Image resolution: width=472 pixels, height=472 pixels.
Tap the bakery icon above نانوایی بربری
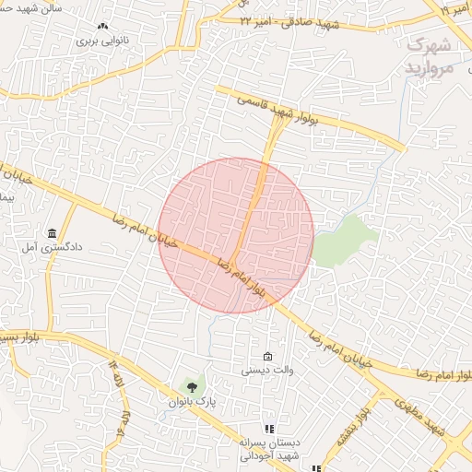(x=103, y=28)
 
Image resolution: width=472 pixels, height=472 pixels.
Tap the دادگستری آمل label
(x=53, y=247)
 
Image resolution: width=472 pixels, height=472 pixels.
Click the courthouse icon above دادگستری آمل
(x=52, y=232)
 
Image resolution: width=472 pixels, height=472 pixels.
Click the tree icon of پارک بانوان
(x=192, y=386)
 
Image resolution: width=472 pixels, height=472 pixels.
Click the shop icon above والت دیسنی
(x=267, y=357)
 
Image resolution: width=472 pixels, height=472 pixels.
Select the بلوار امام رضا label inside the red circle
(x=242, y=277)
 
